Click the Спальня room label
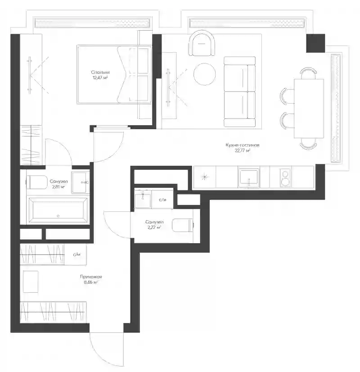click(100, 72)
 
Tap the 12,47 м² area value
click(100, 77)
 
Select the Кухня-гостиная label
click(243, 145)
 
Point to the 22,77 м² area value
click(243, 150)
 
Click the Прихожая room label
click(91, 277)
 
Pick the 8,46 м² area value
click(91, 282)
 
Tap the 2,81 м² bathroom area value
click(58, 187)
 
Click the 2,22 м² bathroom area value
click(154, 227)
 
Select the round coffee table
click(205, 74)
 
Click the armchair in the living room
click(202, 43)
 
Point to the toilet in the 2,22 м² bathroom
click(183, 225)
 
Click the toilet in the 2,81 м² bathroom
click(37, 182)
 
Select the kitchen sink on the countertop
click(249, 177)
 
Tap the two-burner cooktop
click(285, 178)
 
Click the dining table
click(309, 109)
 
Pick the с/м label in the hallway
click(76, 254)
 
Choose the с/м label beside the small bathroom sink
click(162, 200)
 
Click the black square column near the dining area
click(315, 43)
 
